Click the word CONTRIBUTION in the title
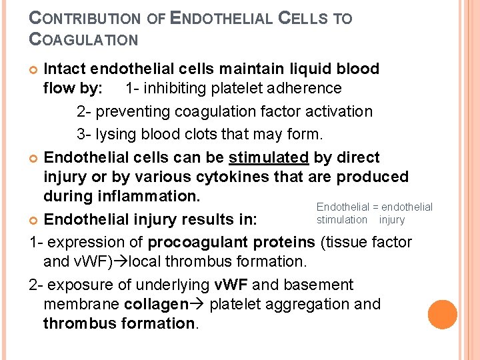[85, 19]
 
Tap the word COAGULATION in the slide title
[84, 39]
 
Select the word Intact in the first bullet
[65, 69]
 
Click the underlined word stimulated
[269, 158]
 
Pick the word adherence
[307, 89]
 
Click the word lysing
[117, 134]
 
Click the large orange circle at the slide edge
[443, 315]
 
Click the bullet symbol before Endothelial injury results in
[34, 219]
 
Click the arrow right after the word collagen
[198, 305]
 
